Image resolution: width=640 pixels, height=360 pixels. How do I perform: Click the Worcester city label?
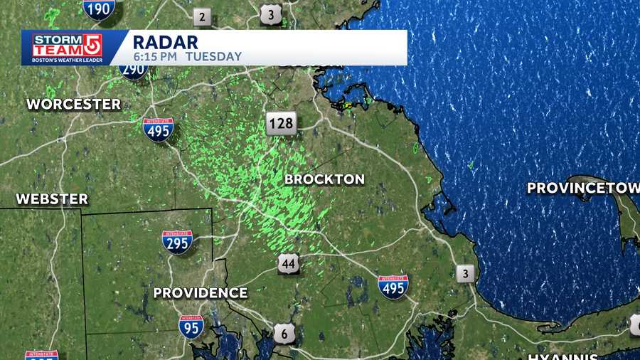click(x=74, y=104)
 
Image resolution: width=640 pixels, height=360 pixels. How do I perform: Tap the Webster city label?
click(x=53, y=198)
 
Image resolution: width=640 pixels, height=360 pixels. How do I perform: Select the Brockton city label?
click(x=324, y=179)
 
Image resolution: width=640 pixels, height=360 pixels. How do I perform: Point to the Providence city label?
click(x=201, y=292)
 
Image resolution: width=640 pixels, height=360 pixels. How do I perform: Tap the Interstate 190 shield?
click(x=99, y=8)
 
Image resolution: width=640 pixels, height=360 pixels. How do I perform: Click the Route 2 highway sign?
click(x=203, y=17)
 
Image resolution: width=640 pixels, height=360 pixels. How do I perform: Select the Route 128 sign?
click(x=281, y=124)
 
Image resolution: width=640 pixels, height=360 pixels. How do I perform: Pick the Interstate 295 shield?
click(x=177, y=243)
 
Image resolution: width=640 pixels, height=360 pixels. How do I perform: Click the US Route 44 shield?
click(x=288, y=264)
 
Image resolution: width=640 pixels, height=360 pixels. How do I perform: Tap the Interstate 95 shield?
click(x=191, y=325)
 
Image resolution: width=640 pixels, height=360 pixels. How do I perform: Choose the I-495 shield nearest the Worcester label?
click(x=158, y=129)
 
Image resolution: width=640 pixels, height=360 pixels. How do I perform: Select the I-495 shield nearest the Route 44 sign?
click(x=393, y=285)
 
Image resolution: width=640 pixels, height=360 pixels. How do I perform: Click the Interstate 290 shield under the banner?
click(x=133, y=70)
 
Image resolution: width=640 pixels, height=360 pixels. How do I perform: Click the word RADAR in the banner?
click(x=166, y=41)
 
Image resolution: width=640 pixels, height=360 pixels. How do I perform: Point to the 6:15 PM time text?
click(x=155, y=56)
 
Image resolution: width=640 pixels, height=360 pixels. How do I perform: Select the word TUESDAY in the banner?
click(x=213, y=56)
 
